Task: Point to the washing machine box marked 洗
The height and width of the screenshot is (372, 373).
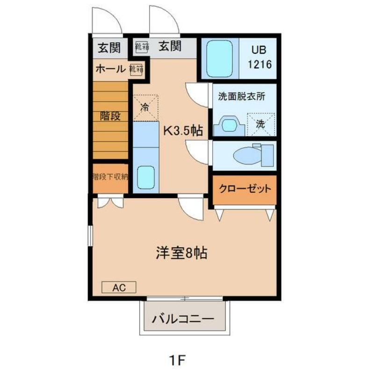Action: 261,124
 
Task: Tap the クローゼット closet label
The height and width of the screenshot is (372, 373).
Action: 245,189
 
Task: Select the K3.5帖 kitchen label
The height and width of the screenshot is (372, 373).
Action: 182,131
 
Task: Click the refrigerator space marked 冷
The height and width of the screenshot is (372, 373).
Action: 145,107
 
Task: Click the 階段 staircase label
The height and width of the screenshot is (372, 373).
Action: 109,116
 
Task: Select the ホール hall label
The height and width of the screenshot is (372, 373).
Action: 110,69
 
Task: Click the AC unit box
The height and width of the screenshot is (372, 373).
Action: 119,287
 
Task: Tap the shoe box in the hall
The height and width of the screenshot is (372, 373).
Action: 136,69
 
